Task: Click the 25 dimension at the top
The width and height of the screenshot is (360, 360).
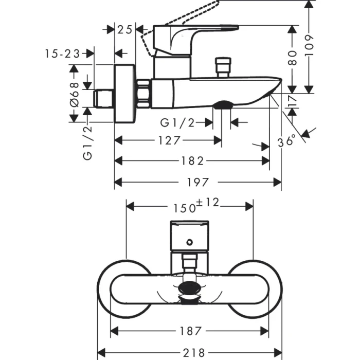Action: coord(124,29)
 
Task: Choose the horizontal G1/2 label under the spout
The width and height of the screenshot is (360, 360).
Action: coord(178,122)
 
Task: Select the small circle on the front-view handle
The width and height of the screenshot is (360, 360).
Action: coord(190,242)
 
